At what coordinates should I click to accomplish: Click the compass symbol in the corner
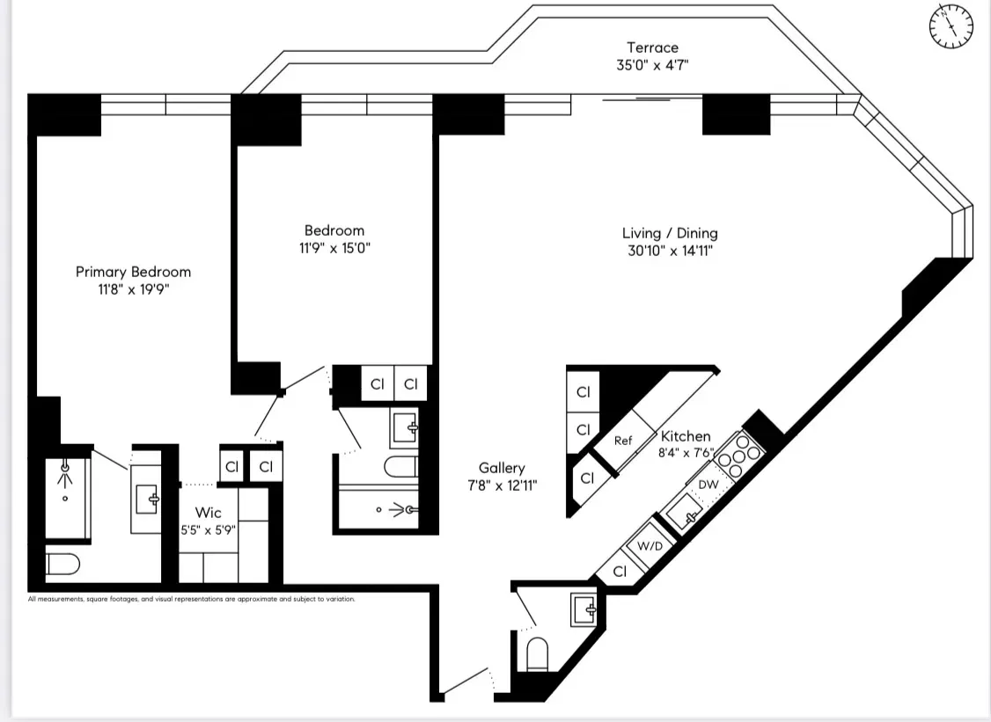tap(951, 26)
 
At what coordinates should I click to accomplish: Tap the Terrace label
tap(652, 47)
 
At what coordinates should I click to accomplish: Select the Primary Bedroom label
tap(133, 272)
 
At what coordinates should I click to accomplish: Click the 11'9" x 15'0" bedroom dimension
tap(334, 248)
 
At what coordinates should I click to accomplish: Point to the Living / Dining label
tap(670, 233)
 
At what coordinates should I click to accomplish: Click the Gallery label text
tap(502, 468)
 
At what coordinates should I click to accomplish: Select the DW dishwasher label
tap(708, 485)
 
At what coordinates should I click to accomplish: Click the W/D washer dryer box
tap(650, 546)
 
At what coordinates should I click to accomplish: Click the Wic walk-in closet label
tap(209, 512)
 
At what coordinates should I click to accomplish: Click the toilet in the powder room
tap(537, 653)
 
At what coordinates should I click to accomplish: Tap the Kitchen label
tap(686, 436)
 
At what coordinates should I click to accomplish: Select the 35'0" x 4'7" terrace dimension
tap(652, 64)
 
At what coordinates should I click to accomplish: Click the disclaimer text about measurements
tap(191, 600)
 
